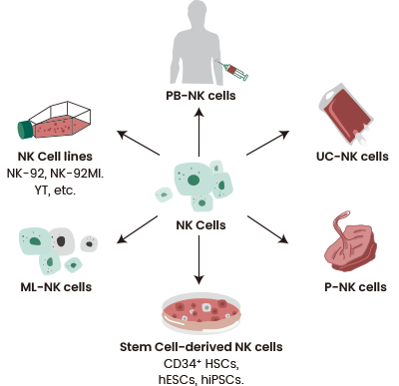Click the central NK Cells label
[199, 224]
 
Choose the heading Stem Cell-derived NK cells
[199, 347]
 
